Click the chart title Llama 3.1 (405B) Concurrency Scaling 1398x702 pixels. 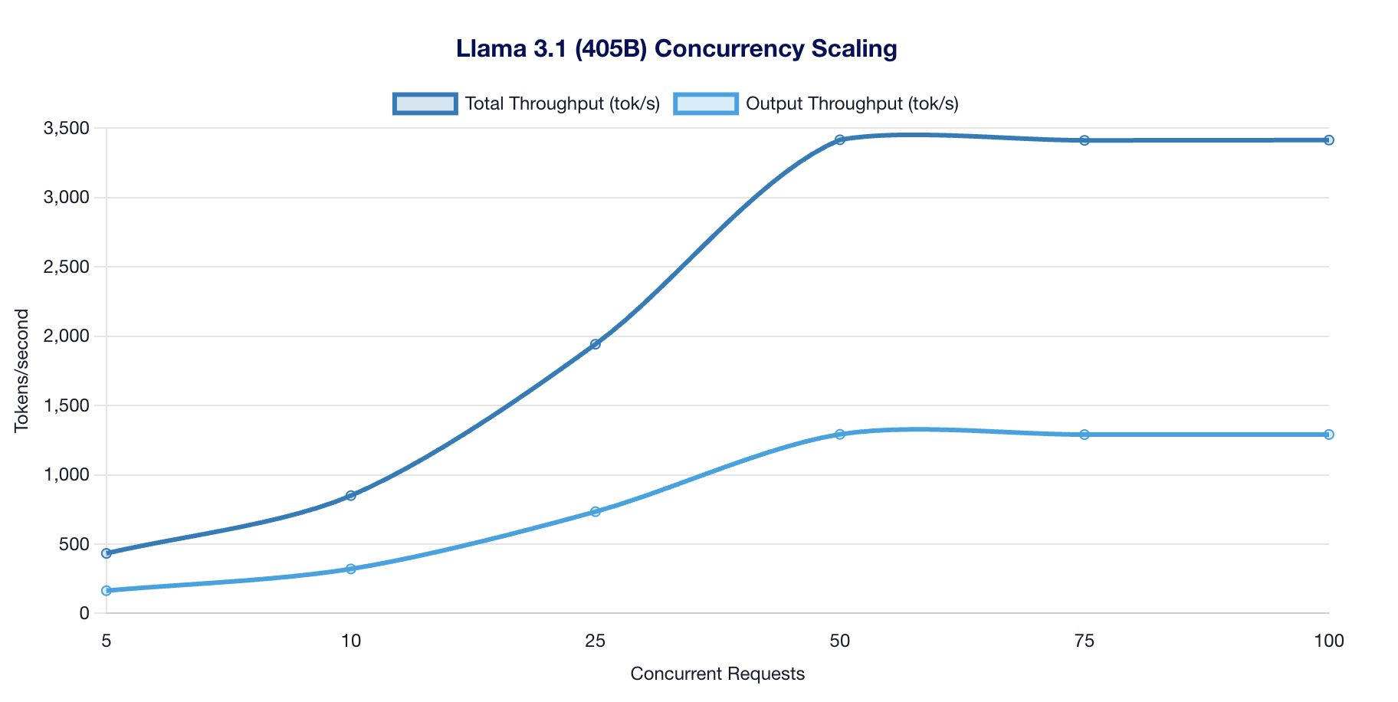click(x=676, y=49)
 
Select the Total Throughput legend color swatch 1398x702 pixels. click(x=425, y=103)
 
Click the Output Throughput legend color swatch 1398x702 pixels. click(x=706, y=103)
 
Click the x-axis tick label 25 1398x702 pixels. click(x=595, y=641)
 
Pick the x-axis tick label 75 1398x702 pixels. click(x=1084, y=641)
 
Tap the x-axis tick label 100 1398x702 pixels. click(x=1328, y=641)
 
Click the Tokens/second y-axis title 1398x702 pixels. click(x=22, y=371)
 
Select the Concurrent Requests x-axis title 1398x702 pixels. click(x=717, y=674)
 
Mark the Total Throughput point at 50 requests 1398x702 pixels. click(x=839, y=139)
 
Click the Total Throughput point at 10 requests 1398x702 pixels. click(x=351, y=496)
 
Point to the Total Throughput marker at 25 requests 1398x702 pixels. click(x=596, y=344)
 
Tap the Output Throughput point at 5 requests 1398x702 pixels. click(x=107, y=591)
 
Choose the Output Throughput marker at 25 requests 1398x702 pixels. click(x=596, y=511)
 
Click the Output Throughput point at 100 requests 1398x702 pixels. click(x=1328, y=435)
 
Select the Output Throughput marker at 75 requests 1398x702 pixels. click(x=1084, y=435)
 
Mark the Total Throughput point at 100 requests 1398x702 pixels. click(x=1328, y=140)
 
